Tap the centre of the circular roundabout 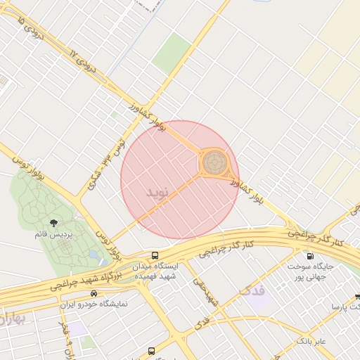coord(214,162)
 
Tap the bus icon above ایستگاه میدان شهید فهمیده coord(155,255)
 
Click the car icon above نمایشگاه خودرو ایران coord(94,292)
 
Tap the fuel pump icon coord(309,256)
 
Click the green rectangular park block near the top coord(172,53)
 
